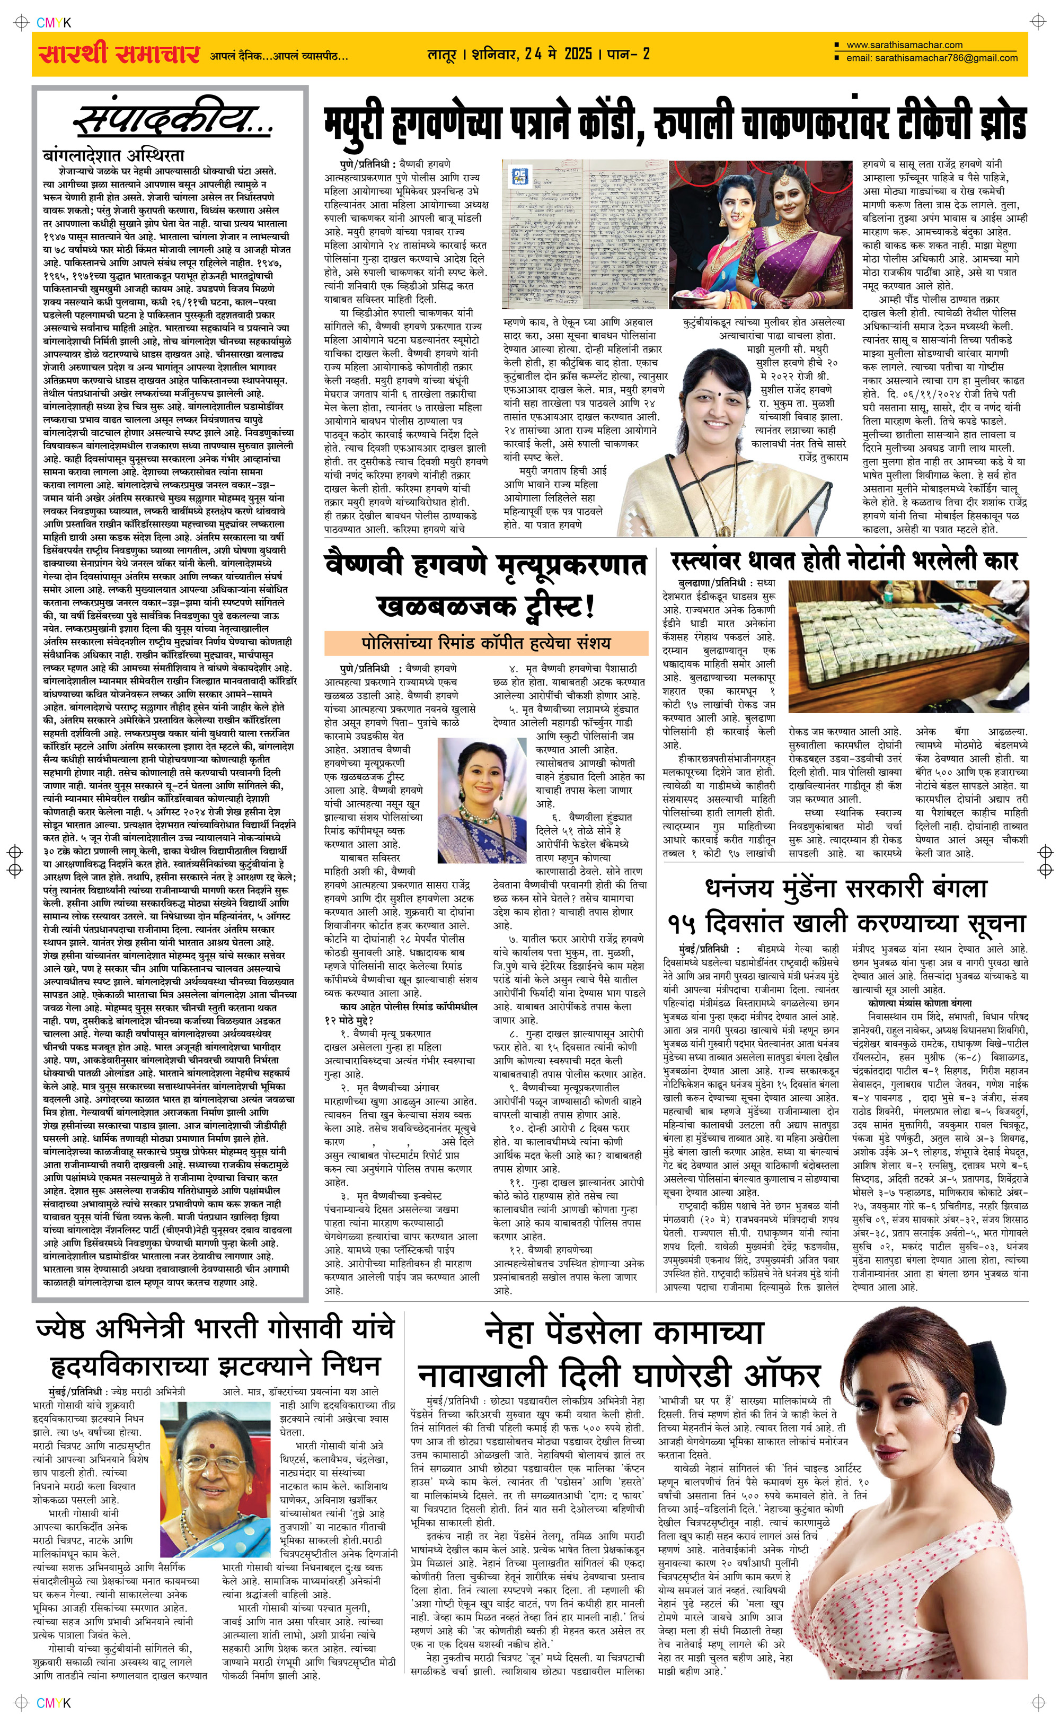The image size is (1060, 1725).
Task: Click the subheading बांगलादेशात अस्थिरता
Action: (x=113, y=155)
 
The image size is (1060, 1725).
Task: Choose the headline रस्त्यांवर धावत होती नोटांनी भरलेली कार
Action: (x=843, y=561)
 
